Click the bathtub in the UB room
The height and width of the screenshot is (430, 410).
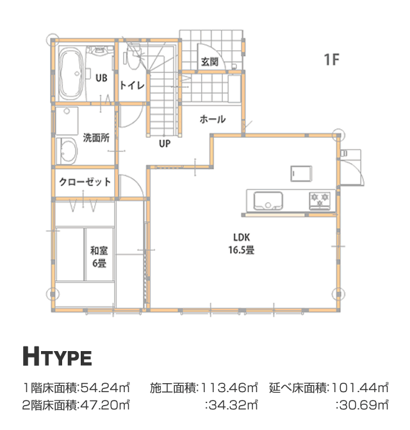click(x=71, y=74)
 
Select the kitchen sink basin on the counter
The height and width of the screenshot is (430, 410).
click(x=268, y=201)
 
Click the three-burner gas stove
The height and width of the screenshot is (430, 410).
click(x=320, y=200)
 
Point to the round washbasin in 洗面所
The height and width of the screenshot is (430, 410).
click(x=67, y=151)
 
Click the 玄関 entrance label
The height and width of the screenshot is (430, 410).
click(x=209, y=62)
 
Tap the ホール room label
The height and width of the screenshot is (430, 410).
click(x=213, y=119)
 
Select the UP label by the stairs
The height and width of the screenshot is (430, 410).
click(x=165, y=143)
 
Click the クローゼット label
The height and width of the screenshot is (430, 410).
click(x=85, y=182)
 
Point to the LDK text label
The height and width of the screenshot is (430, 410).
click(x=242, y=237)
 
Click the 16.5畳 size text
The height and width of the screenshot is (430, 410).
click(x=242, y=250)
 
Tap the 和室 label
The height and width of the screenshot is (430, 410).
click(x=99, y=251)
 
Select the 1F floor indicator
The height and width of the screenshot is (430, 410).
click(x=331, y=59)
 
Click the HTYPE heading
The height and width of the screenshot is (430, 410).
click(x=57, y=356)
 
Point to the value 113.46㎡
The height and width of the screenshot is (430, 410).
click(x=229, y=388)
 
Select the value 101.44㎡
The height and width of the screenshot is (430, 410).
click(x=360, y=388)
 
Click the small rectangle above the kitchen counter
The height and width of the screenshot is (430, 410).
click(x=301, y=173)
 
